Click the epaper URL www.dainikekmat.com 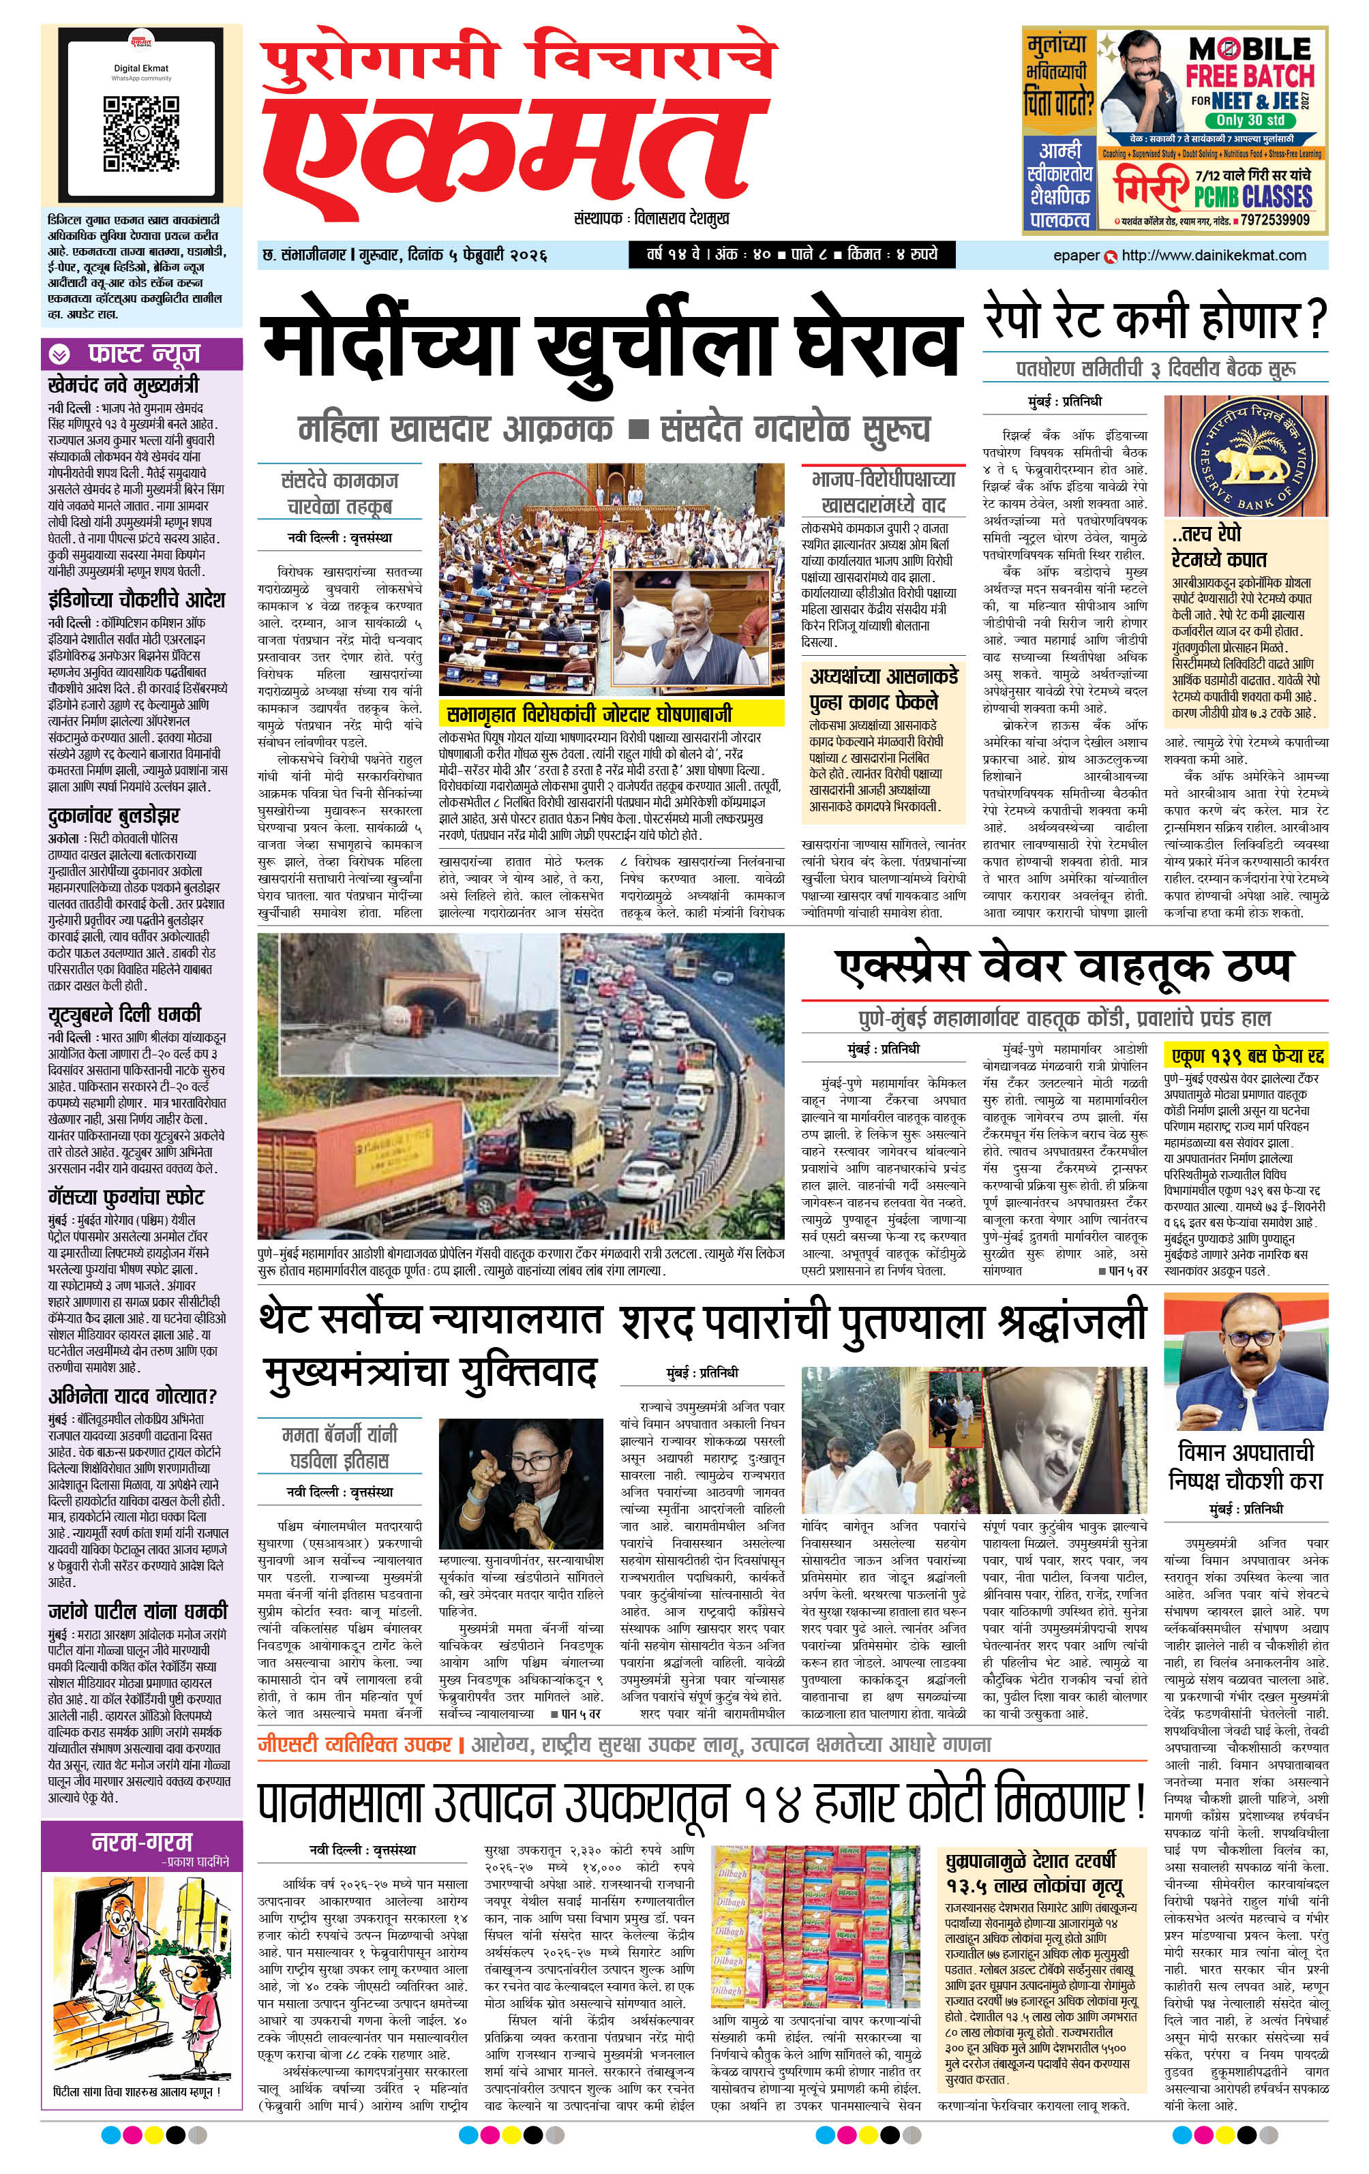point(1213,256)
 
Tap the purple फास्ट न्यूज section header point(142,354)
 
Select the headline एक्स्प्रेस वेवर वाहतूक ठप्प point(1064,967)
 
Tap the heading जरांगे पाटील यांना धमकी point(137,1612)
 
